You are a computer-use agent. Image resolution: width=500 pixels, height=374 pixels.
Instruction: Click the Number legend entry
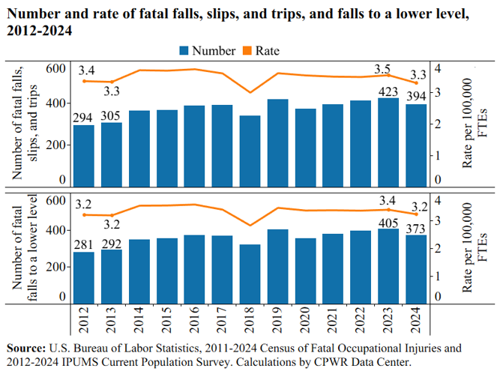coord(207,51)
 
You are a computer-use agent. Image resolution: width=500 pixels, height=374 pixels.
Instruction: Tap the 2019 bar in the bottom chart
coord(277,266)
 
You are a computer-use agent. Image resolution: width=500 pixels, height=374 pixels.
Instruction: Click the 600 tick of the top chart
coord(57,69)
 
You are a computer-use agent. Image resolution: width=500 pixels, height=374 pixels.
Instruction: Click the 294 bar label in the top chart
coord(84,118)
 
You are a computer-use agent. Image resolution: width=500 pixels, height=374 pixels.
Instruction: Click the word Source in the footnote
coord(26,349)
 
